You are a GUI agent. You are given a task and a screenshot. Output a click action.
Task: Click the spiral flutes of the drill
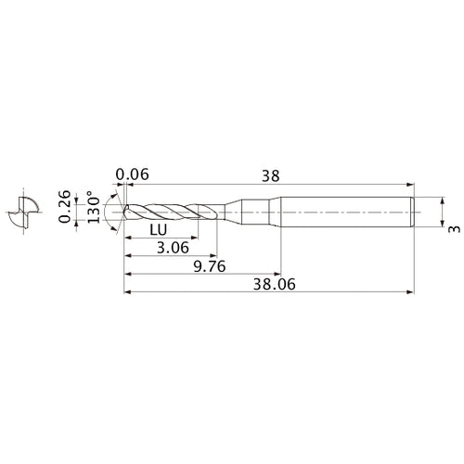[x=172, y=213]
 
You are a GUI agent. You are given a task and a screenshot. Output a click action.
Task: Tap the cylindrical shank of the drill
[x=343, y=213]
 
